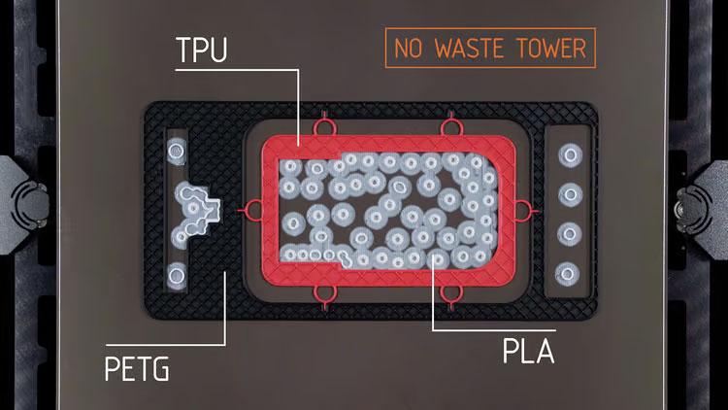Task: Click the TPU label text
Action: click(202, 50)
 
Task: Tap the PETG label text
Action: click(137, 369)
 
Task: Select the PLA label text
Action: click(529, 351)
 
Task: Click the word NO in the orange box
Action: click(408, 48)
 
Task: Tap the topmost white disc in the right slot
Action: click(570, 154)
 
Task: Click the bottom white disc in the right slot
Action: click(568, 274)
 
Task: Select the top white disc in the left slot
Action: click(177, 151)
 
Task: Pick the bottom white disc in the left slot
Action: click(177, 276)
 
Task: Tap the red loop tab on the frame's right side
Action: click(524, 211)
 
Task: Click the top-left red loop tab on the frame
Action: click(324, 124)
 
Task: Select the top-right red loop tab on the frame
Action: click(449, 124)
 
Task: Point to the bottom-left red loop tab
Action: click(324, 296)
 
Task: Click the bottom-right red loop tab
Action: click(450, 296)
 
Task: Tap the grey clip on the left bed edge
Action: click(24, 205)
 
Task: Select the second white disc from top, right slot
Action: click(570, 194)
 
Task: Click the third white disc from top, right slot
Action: click(569, 234)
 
